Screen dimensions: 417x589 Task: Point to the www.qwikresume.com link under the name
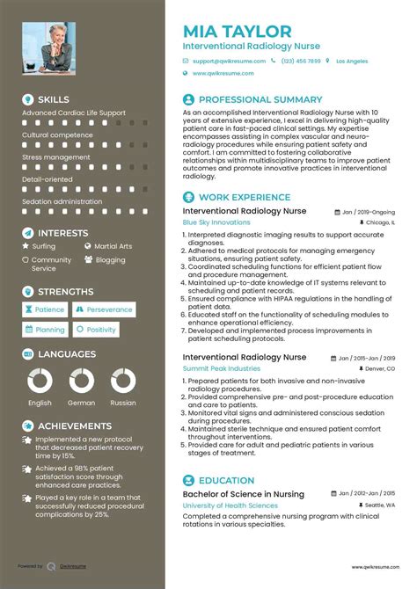click(222, 74)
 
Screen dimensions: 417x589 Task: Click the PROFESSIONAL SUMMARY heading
click(254, 99)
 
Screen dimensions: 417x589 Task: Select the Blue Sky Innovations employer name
click(216, 222)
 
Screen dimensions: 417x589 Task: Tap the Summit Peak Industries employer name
click(221, 368)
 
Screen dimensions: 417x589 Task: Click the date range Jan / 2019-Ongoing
click(369, 212)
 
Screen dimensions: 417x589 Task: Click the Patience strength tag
click(45, 309)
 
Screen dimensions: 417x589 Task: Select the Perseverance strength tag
click(104, 309)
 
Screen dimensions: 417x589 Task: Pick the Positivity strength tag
click(96, 330)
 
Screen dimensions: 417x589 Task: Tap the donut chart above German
click(81, 380)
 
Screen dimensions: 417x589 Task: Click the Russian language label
click(123, 403)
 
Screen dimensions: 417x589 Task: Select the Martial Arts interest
click(113, 247)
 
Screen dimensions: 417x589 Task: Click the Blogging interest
click(110, 260)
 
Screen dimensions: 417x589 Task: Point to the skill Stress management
click(56, 157)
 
